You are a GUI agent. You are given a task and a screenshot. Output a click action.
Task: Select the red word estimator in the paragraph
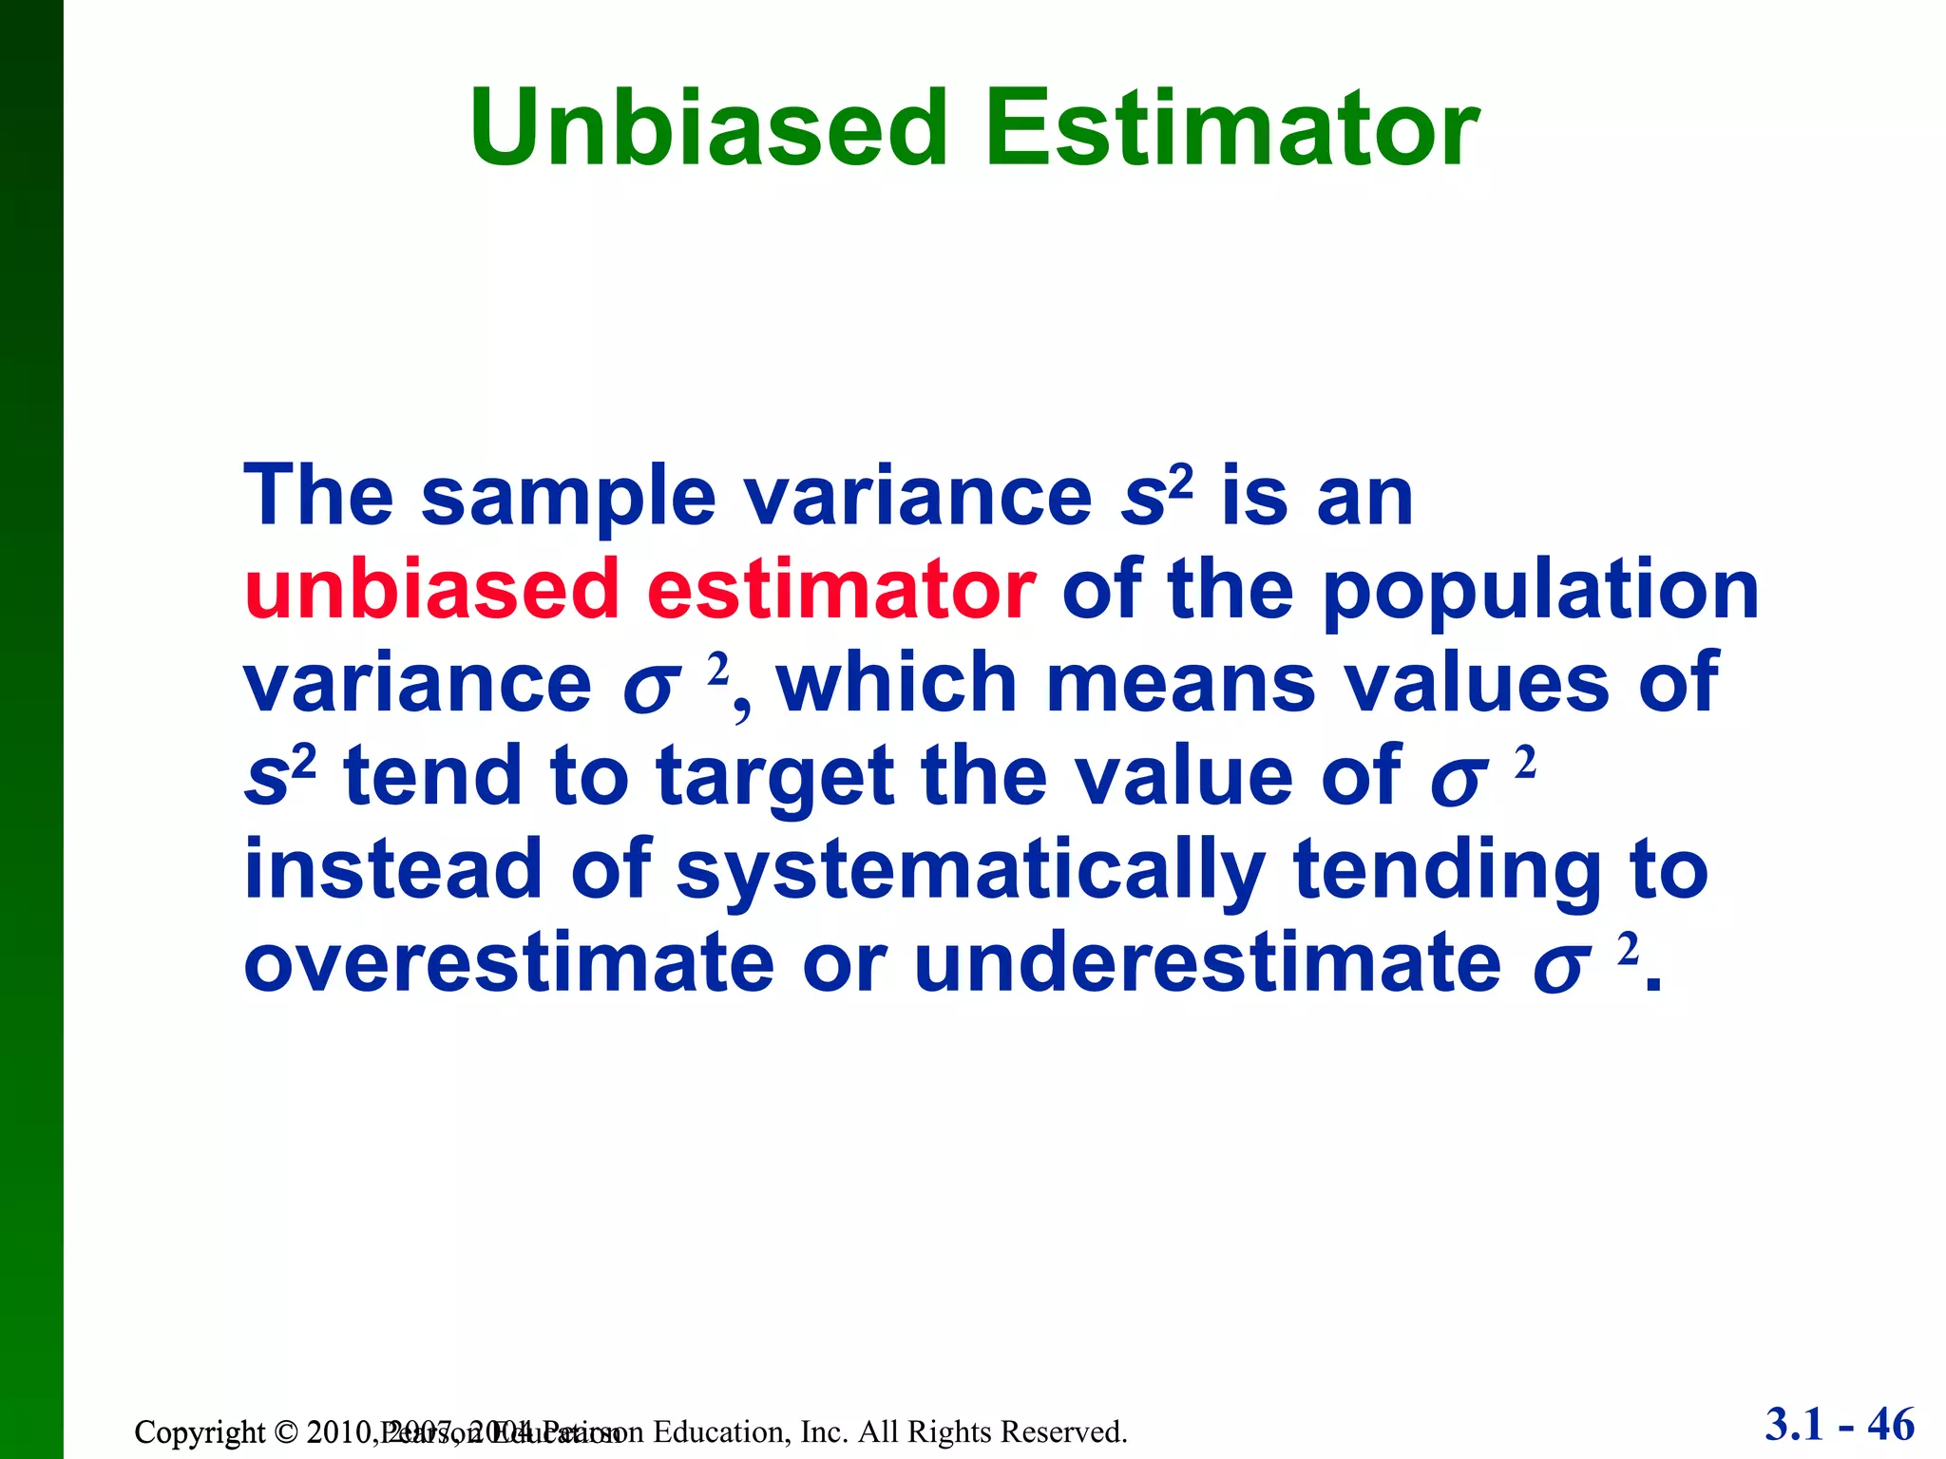click(x=840, y=590)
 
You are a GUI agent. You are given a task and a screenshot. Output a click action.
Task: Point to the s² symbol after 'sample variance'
click(x=1154, y=496)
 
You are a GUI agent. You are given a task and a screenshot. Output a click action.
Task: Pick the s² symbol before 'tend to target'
click(x=278, y=775)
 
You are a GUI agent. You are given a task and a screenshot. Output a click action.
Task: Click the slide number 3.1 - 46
click(x=1839, y=1424)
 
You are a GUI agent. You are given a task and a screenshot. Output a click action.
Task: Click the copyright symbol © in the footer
click(x=285, y=1431)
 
